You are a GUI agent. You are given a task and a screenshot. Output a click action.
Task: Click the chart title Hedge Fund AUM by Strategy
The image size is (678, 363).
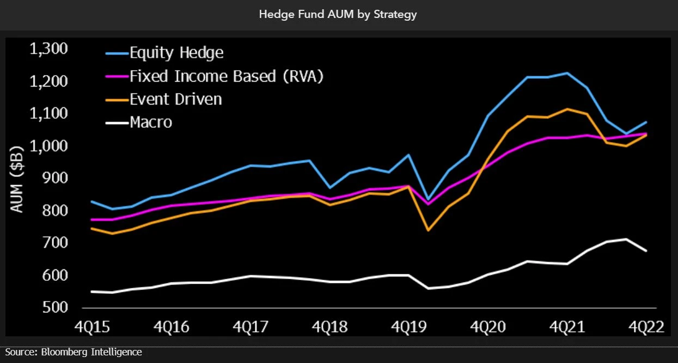(x=338, y=15)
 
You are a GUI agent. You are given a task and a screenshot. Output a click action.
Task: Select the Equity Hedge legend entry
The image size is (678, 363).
(x=176, y=53)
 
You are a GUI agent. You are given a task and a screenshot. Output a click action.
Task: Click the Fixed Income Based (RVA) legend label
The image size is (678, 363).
(x=227, y=76)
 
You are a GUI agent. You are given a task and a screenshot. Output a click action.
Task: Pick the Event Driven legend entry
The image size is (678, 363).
(x=175, y=99)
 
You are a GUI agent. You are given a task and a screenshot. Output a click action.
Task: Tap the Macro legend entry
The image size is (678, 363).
(x=151, y=122)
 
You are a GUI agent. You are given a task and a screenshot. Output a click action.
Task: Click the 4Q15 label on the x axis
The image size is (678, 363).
(x=91, y=327)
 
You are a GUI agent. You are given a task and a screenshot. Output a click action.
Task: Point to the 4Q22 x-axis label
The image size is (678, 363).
(x=646, y=327)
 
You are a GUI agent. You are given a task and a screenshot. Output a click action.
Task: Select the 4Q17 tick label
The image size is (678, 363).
(x=250, y=327)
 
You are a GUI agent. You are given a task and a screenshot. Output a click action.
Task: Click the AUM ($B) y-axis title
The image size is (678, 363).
(x=17, y=179)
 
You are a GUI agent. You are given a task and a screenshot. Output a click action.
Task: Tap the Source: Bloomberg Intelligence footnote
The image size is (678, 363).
(x=74, y=352)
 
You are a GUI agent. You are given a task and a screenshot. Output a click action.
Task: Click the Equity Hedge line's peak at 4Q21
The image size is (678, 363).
(x=567, y=72)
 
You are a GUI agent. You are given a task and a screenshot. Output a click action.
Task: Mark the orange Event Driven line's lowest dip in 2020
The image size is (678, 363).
(x=428, y=230)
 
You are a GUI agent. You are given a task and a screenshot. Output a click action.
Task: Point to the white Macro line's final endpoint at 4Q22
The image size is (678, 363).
(x=646, y=251)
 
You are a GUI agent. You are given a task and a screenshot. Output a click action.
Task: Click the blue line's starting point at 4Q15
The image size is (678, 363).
(x=91, y=201)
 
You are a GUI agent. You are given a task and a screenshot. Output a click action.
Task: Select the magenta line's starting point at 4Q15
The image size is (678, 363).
(x=91, y=219)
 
